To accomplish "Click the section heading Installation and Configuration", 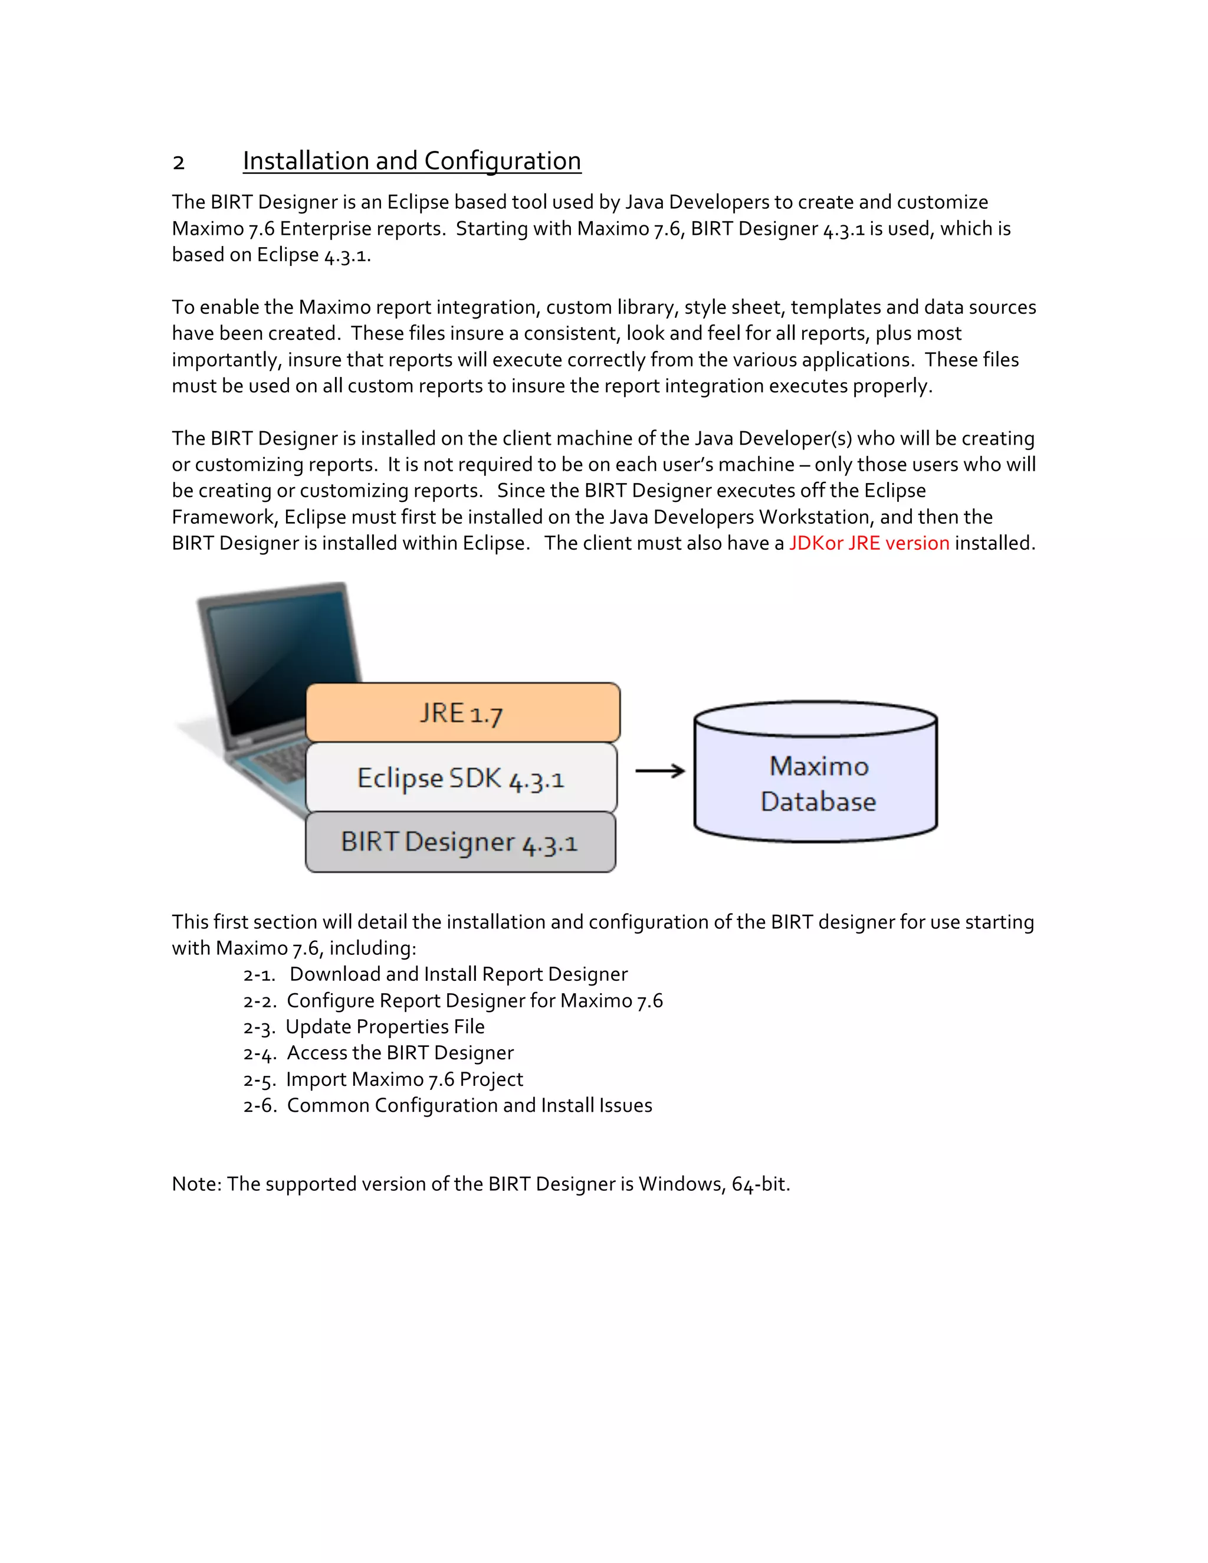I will (412, 161).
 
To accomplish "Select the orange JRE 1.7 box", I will (462, 713).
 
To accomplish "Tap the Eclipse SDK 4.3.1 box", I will (461, 778).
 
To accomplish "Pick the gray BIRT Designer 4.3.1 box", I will (459, 842).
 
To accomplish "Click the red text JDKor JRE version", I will (869, 543).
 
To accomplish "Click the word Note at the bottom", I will (195, 1184).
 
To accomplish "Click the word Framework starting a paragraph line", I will (224, 517).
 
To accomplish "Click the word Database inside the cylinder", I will (818, 802).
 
